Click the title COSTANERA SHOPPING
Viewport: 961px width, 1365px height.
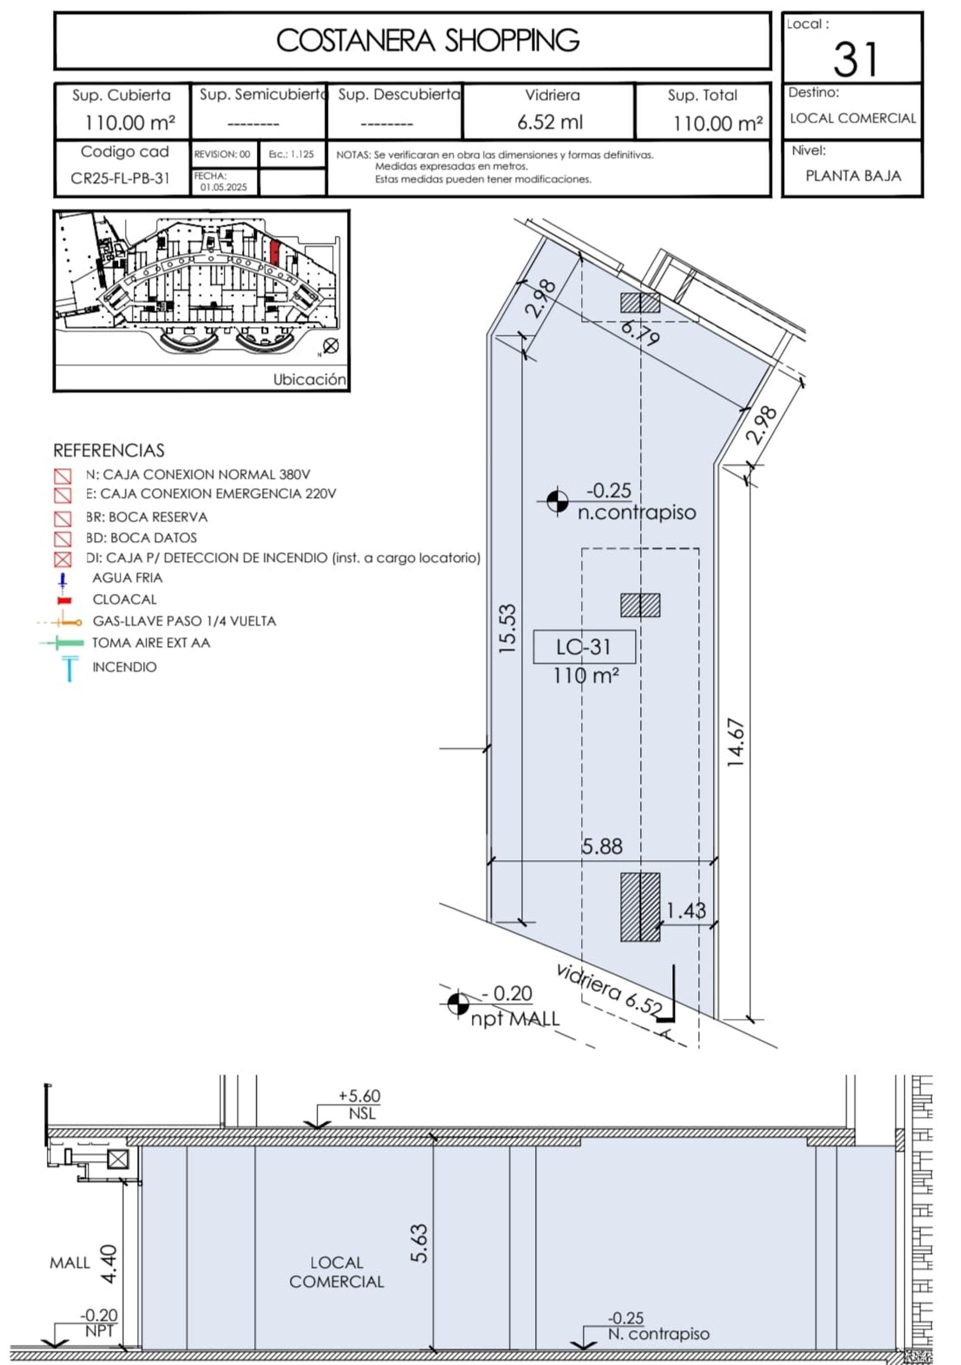point(427,41)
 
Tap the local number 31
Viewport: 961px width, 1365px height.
point(855,60)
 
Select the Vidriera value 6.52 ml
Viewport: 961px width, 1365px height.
point(550,122)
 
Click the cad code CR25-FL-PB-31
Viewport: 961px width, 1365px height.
point(120,178)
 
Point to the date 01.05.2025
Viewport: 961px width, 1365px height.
point(223,187)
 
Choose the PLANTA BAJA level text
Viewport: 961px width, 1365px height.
point(853,176)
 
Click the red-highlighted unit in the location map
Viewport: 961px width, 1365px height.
point(274,252)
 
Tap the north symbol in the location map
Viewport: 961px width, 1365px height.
point(331,345)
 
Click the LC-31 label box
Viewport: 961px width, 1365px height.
point(584,647)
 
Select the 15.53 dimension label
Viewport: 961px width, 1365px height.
point(507,629)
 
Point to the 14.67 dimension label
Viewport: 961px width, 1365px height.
point(736,743)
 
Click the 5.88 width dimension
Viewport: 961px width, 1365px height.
point(602,847)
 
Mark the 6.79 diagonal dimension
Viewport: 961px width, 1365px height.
point(640,333)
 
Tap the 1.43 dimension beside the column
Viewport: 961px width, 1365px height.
point(686,910)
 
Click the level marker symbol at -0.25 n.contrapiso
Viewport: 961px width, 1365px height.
point(557,501)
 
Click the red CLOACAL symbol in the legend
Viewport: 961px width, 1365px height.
point(64,600)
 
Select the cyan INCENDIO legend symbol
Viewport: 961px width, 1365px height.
point(70,667)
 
